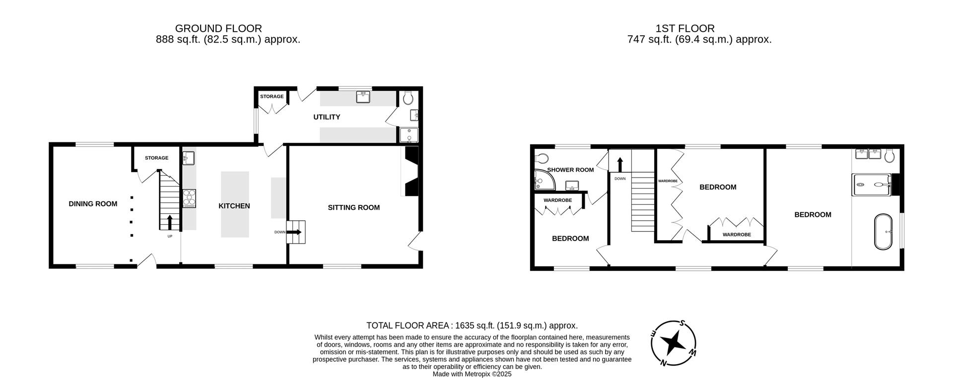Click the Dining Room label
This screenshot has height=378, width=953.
[93, 204]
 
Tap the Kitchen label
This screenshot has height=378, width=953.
[234, 206]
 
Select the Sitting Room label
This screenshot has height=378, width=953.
[353, 207]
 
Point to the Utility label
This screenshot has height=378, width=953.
[327, 117]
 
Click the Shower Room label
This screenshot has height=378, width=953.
[570, 170]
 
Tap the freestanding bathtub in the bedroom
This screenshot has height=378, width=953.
[883, 232]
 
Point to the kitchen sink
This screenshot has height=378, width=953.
[189, 158]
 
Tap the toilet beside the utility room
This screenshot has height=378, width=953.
[408, 98]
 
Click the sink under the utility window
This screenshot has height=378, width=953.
[364, 97]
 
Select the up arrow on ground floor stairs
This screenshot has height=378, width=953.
[170, 221]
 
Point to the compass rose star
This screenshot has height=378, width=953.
[673, 343]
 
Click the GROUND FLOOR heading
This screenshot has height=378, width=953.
[218, 29]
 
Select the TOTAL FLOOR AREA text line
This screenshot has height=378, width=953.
[472, 326]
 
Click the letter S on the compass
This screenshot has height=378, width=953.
[682, 323]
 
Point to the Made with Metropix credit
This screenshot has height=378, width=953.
[472, 374]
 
